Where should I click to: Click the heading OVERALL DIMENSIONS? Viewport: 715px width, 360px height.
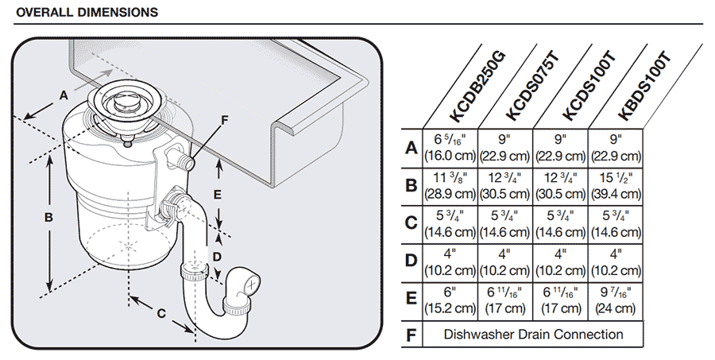87,13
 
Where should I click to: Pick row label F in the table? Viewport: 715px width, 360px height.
411,335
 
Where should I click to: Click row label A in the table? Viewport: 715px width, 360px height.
411,148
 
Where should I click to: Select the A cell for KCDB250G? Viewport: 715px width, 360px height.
449,148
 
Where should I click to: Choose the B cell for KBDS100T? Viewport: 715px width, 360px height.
616,185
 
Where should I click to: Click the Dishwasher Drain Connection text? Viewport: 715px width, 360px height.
532,335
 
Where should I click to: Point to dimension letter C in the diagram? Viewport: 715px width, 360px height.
160,313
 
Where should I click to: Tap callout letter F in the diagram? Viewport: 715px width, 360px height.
224,120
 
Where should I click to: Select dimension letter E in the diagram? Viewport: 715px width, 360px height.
218,193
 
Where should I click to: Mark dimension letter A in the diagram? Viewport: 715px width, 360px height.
64,95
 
